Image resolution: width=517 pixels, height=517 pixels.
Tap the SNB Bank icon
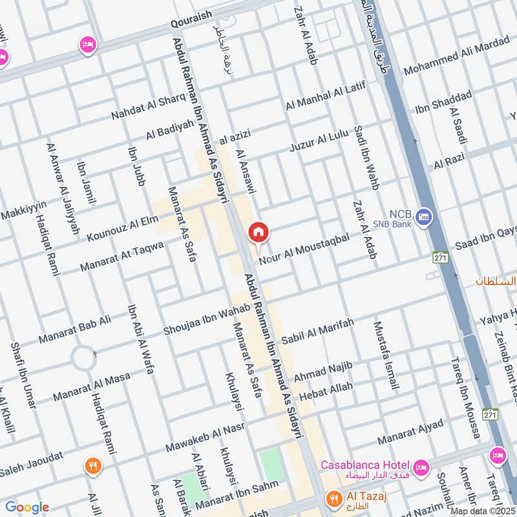(423, 218)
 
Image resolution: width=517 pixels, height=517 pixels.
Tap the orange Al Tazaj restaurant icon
(334, 498)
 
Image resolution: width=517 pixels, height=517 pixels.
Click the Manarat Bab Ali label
(75, 329)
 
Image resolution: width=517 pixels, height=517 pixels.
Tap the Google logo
(26, 507)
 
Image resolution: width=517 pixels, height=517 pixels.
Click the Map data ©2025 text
(483, 511)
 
